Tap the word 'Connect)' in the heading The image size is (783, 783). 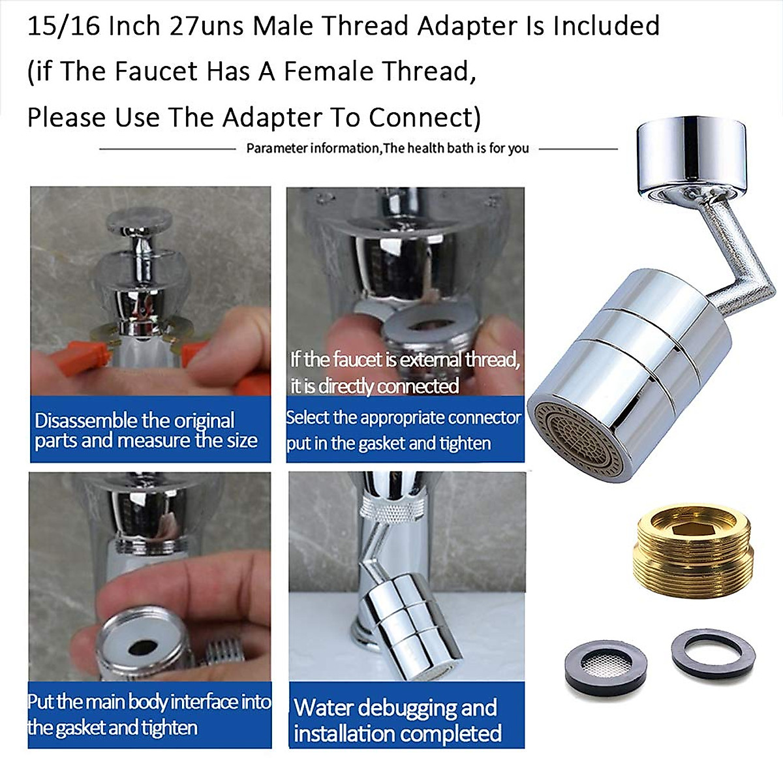pyautogui.click(x=425, y=118)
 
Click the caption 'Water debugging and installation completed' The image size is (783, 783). pyautogui.click(x=397, y=720)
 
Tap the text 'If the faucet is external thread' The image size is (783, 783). pyautogui.click(x=405, y=360)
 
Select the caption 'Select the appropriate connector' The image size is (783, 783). pyautogui.click(x=404, y=418)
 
